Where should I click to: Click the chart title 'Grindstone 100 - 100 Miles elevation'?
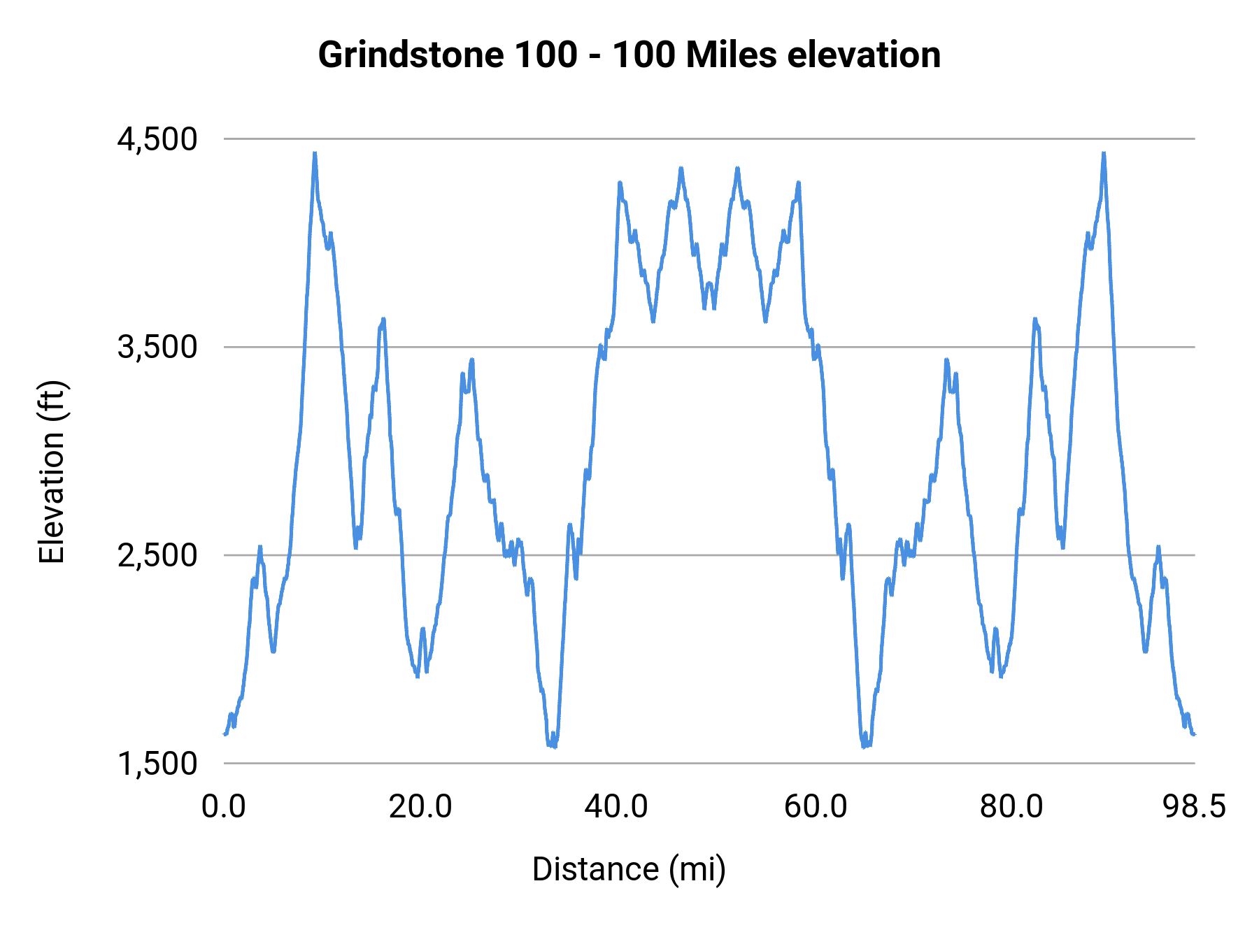[x=629, y=55]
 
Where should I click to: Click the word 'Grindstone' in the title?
[x=411, y=55]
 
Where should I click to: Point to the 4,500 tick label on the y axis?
[x=157, y=139]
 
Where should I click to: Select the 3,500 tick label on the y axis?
[x=157, y=347]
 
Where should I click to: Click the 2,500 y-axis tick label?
[x=157, y=555]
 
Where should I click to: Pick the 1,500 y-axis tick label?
[x=157, y=764]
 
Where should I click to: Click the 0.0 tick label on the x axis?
[x=224, y=806]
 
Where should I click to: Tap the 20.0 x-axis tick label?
[x=420, y=806]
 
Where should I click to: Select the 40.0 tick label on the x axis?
[x=616, y=806]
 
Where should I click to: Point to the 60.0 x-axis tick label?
[x=816, y=806]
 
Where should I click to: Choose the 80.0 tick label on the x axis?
[x=1011, y=806]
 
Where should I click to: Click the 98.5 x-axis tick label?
[x=1195, y=806]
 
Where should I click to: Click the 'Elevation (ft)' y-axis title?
[x=52, y=472]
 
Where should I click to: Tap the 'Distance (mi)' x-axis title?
[x=629, y=869]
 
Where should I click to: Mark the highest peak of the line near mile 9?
[x=315, y=153]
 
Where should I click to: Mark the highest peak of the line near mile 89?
[x=1104, y=153]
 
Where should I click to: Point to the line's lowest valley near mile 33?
[x=553, y=746]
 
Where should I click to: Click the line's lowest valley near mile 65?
[x=865, y=746]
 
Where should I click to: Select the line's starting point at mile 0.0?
[x=225, y=734]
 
